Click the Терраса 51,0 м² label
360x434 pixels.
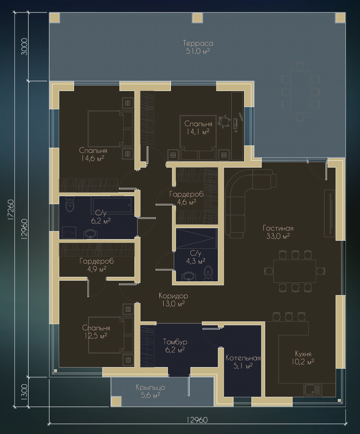point(198,47)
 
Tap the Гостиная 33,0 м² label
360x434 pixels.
point(278,232)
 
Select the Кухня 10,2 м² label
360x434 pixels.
point(303,358)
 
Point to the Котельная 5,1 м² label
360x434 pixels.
point(243,362)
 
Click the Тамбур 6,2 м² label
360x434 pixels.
point(175,346)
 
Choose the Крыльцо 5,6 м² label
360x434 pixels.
point(150,391)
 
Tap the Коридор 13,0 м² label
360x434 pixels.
point(173,299)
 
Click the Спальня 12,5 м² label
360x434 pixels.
point(96,332)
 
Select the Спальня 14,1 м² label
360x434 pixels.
point(198,128)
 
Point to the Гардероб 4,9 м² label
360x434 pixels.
point(97,265)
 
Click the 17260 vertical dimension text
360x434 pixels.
point(10,209)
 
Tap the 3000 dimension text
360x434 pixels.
point(25,47)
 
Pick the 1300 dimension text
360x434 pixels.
point(25,392)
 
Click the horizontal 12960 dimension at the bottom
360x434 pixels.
point(197,420)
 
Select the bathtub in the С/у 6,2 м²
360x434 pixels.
point(113,205)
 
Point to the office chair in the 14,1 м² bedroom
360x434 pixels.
point(224,121)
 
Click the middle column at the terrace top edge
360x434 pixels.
point(197,18)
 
